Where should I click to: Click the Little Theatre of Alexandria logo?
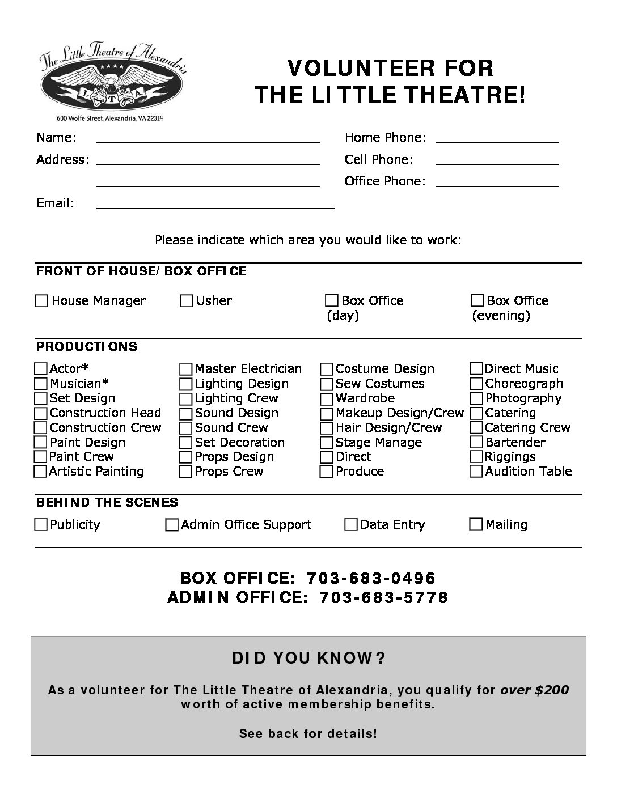click(x=112, y=79)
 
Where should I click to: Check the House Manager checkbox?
click(x=41, y=301)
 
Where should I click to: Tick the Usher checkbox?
click(x=187, y=301)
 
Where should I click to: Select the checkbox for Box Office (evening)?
click(x=477, y=300)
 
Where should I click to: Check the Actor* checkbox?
click(x=41, y=370)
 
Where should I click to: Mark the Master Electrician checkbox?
click(x=186, y=370)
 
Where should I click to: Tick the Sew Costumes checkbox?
click(x=327, y=384)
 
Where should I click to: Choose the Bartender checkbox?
click(x=476, y=443)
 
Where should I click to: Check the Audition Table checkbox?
click(x=476, y=472)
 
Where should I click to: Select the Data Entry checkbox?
click(x=351, y=525)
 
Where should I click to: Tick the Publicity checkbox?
click(x=41, y=525)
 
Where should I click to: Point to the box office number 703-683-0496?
click(x=371, y=578)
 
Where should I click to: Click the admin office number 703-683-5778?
click(x=384, y=597)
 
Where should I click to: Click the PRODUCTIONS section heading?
click(x=87, y=346)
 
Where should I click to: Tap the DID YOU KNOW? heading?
click(x=308, y=658)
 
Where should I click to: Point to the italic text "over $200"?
click(x=534, y=690)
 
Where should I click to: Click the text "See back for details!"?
click(x=308, y=733)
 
